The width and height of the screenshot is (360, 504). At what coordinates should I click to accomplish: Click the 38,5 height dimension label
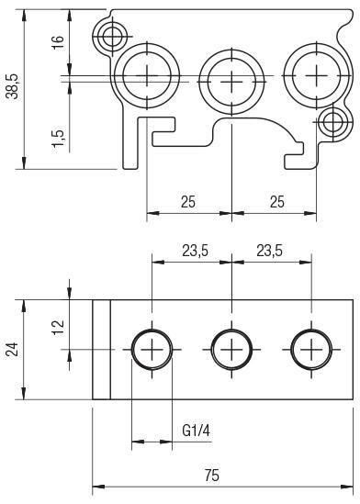coord(13,86)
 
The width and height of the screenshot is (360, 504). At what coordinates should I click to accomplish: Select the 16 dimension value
coord(58,42)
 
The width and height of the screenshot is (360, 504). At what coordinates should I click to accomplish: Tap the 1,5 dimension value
coord(58,139)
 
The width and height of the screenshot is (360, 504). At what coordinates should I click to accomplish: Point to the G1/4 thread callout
coord(197,431)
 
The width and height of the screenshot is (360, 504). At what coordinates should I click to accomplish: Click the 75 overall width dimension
coord(211,475)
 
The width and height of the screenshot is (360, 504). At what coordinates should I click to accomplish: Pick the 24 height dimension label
coord(13,350)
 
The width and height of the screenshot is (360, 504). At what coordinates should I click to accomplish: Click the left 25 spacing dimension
coord(188,202)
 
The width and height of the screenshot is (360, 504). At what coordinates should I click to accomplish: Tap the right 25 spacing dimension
coord(277,202)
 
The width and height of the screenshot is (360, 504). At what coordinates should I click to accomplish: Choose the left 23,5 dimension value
coord(195,251)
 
